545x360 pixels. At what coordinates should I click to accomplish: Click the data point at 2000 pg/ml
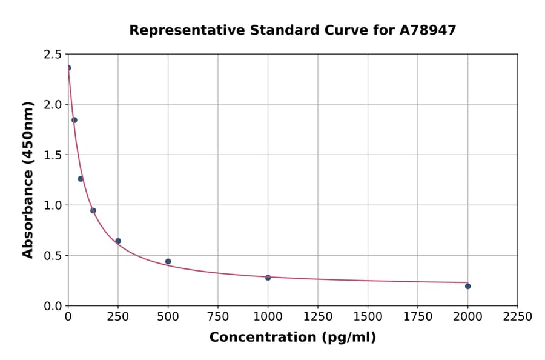click(x=467, y=286)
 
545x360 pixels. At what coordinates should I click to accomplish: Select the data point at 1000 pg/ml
click(x=268, y=278)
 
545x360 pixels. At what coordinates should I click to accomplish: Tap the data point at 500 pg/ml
click(x=168, y=262)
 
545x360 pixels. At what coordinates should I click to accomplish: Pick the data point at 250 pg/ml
click(x=118, y=241)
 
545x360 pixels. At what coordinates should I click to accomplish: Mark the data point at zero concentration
click(x=68, y=68)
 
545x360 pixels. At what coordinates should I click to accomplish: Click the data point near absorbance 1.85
click(x=74, y=120)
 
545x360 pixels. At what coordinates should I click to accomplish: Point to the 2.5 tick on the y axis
click(x=53, y=55)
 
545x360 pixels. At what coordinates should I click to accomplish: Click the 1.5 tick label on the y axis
click(x=53, y=155)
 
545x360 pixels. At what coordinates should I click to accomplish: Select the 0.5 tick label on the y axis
click(x=53, y=256)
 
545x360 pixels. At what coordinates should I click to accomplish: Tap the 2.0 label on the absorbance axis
click(x=53, y=105)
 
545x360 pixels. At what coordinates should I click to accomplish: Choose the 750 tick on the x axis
click(x=218, y=317)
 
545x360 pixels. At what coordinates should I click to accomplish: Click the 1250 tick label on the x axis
click(x=318, y=317)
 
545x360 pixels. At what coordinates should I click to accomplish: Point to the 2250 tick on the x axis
click(x=518, y=317)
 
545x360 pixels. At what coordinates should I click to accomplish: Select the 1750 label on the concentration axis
click(x=418, y=317)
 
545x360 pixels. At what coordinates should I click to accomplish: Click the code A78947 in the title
click(x=429, y=30)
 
